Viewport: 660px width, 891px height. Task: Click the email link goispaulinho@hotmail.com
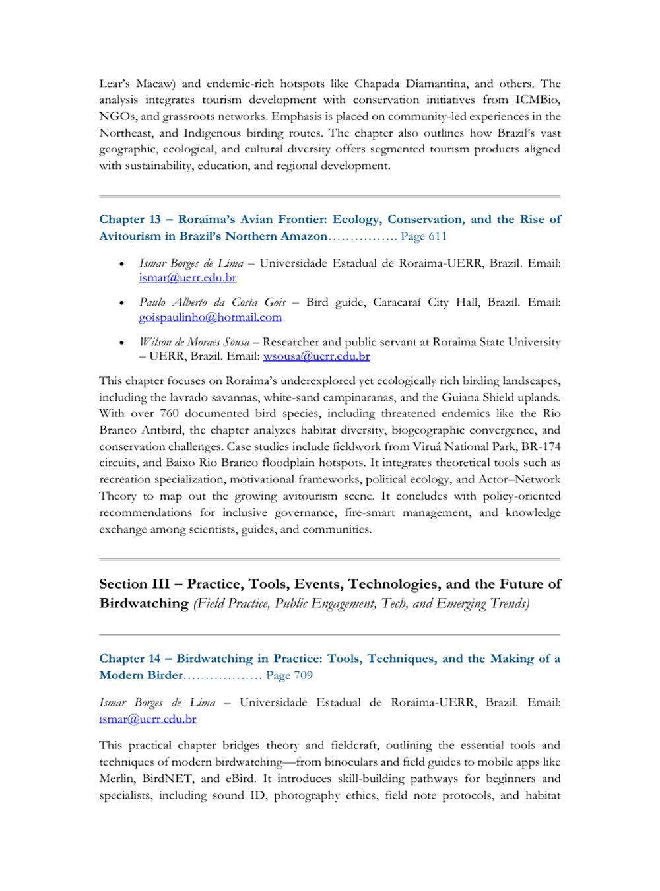tap(210, 317)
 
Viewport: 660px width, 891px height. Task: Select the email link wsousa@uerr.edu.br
tap(316, 356)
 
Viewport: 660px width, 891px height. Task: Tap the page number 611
tap(436, 236)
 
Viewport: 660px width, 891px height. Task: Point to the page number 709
tap(302, 675)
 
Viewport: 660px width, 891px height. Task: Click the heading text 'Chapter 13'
tap(130, 220)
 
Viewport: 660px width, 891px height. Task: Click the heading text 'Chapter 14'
tap(129, 659)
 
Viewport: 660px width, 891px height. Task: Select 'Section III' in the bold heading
tap(134, 584)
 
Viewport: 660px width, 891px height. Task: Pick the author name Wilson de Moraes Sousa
tap(194, 342)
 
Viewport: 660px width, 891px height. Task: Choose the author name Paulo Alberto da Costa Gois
tap(212, 302)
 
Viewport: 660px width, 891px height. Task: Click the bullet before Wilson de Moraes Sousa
tap(121, 343)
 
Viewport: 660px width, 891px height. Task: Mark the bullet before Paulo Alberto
tap(121, 303)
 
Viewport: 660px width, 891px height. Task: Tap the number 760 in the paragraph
tap(169, 414)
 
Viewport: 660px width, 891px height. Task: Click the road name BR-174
tap(541, 447)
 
